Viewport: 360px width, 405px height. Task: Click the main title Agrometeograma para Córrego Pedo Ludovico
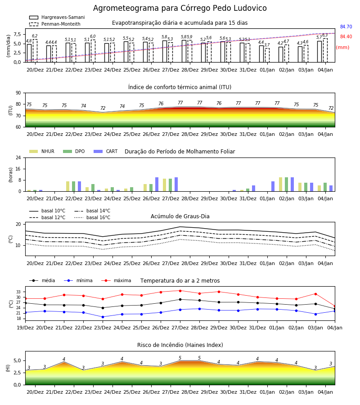coord(180,8)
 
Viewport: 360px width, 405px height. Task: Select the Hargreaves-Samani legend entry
coord(57,17)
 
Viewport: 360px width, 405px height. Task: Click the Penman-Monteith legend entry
coord(55,24)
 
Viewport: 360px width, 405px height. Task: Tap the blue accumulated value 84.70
coord(346,27)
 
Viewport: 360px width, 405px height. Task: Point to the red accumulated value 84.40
coord(346,37)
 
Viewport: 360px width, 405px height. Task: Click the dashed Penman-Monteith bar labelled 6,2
coord(35,51)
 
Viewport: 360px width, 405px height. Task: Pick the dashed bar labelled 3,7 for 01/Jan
coord(267,55)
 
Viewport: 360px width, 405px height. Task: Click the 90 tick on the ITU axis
coord(18,93)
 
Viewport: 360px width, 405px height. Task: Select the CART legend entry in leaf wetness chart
coord(106,151)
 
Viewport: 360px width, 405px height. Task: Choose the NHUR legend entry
coord(42,151)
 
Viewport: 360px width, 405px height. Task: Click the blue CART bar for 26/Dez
coord(157,184)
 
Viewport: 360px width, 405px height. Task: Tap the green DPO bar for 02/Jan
coord(286,184)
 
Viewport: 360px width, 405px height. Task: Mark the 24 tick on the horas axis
coord(18,157)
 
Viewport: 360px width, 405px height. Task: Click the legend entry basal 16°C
coord(92,217)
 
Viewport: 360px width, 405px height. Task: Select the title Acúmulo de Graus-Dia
coord(180,216)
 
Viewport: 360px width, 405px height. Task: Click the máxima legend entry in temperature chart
coord(116,280)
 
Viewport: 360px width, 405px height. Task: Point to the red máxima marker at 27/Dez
coord(180,291)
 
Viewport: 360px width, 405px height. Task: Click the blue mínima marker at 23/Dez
coord(103,317)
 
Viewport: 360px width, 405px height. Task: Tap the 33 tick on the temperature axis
coord(18,292)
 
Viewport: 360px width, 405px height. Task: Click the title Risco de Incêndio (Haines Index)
coord(180,345)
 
